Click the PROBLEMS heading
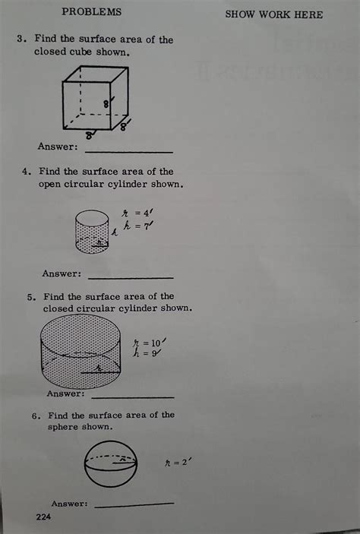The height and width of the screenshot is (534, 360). [x=91, y=11]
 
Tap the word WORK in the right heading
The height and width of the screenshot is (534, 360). [x=274, y=14]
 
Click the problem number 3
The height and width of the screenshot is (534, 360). [x=21, y=39]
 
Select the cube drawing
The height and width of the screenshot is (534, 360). [x=96, y=98]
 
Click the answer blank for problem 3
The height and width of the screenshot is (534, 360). [x=129, y=152]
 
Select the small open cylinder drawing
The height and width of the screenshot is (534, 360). [x=92, y=232]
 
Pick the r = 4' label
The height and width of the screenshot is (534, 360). [x=137, y=213]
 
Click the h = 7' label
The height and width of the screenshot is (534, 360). [x=138, y=226]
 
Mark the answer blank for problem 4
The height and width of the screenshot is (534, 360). [x=131, y=278]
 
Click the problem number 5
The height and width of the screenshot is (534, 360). [x=31, y=297]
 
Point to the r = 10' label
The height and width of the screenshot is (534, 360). [x=150, y=343]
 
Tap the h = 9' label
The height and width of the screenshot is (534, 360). [x=147, y=352]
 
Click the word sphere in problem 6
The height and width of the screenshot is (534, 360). [x=62, y=427]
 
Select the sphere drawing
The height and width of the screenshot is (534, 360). [x=111, y=464]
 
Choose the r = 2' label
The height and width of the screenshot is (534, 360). [x=178, y=463]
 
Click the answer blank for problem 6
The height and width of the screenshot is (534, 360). [x=134, y=504]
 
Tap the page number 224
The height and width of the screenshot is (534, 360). [x=43, y=517]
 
